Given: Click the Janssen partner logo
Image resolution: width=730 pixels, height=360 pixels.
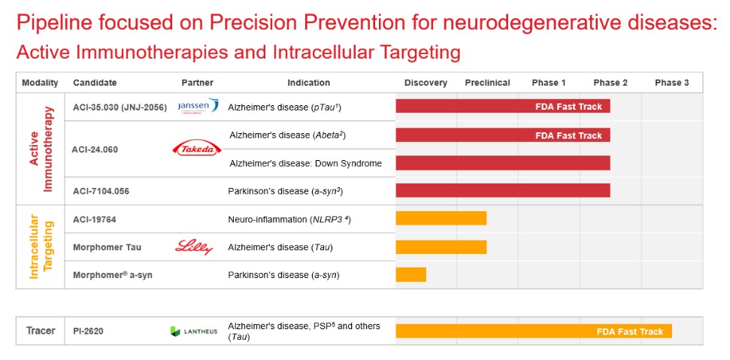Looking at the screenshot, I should [x=198, y=106].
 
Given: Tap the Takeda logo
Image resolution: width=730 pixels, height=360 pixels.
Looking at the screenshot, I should [x=197, y=149].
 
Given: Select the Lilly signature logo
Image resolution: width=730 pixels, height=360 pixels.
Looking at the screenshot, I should [x=194, y=247].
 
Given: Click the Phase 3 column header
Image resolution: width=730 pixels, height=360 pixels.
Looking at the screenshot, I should [x=671, y=83].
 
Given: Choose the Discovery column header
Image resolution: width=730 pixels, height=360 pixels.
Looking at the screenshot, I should [x=426, y=83].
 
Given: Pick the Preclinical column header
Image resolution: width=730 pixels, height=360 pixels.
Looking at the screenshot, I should [x=487, y=83].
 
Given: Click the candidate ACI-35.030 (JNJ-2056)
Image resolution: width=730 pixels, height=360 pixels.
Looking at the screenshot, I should [x=120, y=107].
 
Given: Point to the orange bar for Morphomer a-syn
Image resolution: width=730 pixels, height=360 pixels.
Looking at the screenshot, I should [x=410, y=274].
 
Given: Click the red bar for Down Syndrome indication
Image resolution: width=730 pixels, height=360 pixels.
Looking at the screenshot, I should [x=502, y=162].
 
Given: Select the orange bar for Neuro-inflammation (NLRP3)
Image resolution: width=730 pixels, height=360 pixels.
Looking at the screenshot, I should [x=441, y=218].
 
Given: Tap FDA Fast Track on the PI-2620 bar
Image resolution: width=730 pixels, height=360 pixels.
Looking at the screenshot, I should [x=629, y=331].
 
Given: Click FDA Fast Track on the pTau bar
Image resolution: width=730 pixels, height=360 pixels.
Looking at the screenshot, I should [x=568, y=107].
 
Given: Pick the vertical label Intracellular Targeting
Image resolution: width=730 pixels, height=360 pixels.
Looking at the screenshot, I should [x=40, y=247].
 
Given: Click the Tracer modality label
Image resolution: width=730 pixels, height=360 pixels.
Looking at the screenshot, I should [x=41, y=331].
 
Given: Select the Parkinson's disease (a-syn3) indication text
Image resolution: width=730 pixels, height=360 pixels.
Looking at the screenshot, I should [x=285, y=191].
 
